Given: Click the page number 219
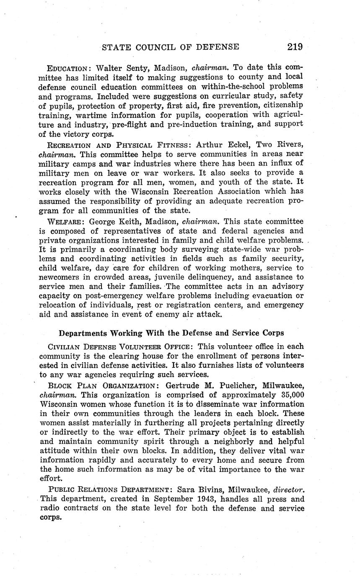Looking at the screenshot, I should (x=295, y=47).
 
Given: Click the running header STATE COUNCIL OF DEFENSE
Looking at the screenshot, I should (x=171, y=47).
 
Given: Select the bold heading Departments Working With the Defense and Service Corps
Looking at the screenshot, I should (x=171, y=333).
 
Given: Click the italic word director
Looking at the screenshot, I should (x=288, y=489).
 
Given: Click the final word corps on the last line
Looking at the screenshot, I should (x=50, y=517).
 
